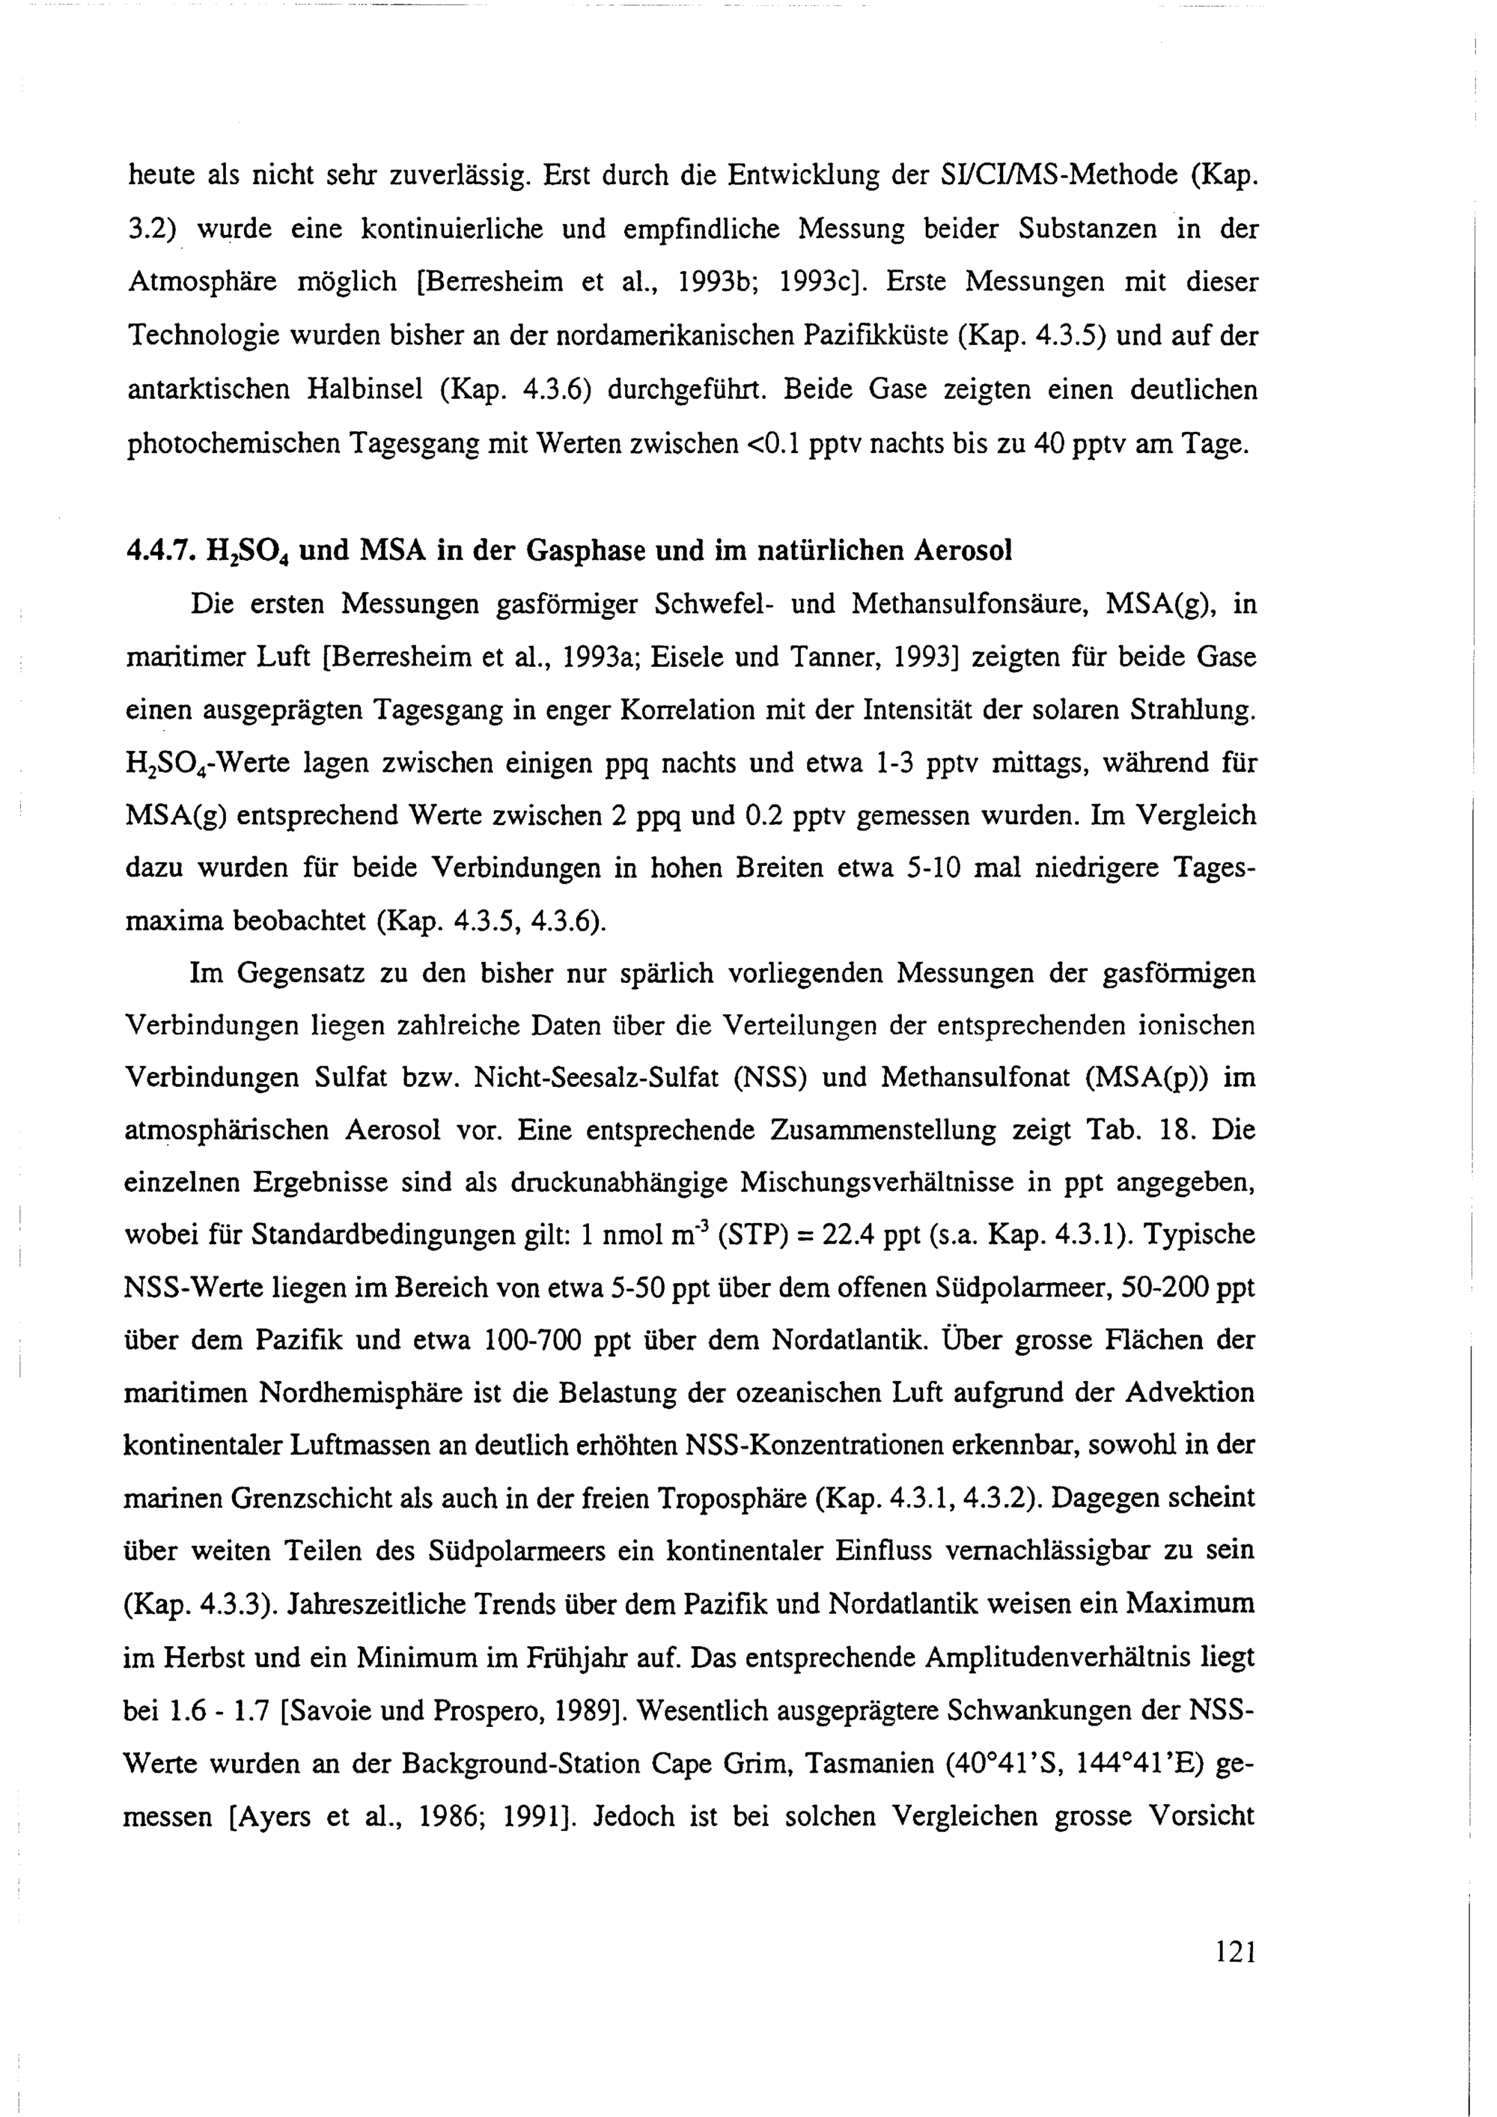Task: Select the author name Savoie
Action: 331,1711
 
